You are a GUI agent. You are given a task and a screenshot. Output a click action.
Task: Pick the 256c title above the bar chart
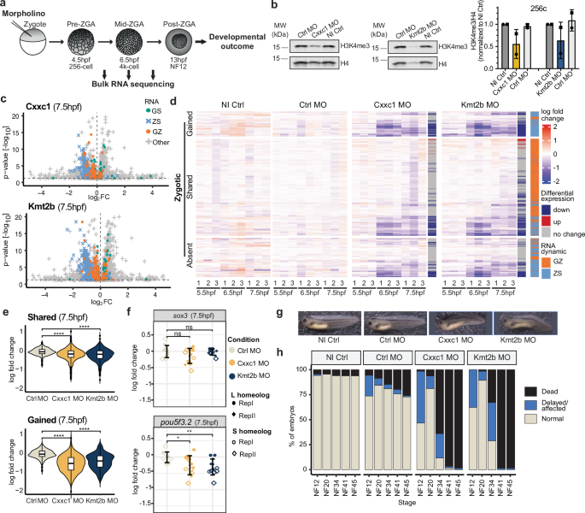click(x=524, y=7)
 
